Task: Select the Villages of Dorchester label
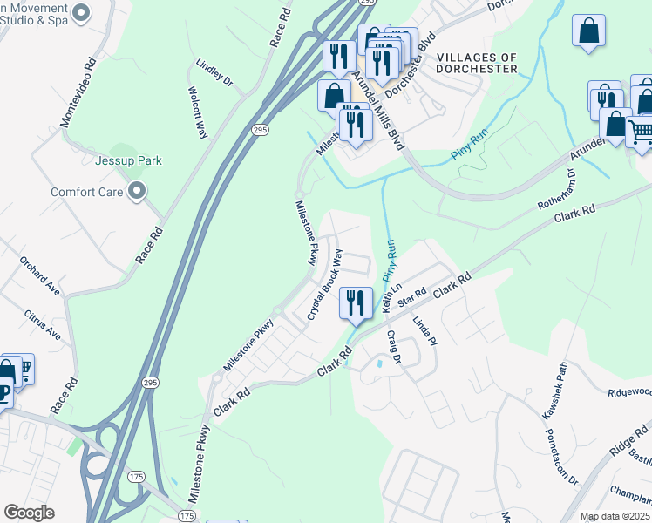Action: [x=477, y=63]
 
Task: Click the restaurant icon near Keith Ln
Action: [x=356, y=304]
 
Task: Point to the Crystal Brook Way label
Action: [x=325, y=284]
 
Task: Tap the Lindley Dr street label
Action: [x=214, y=71]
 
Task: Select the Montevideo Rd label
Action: [x=76, y=92]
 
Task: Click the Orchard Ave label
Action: [x=39, y=276]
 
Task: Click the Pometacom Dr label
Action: [x=560, y=456]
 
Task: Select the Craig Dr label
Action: [x=393, y=346]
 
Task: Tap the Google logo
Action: [x=29, y=513]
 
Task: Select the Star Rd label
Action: [x=410, y=297]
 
